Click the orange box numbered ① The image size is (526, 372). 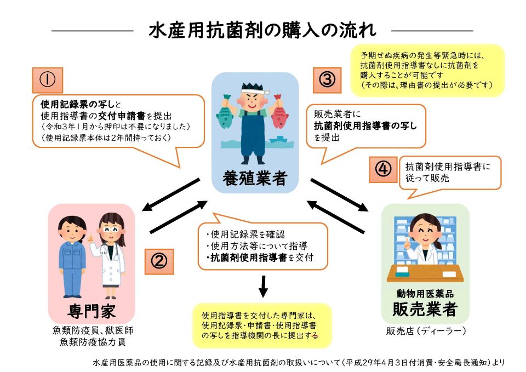[47, 80]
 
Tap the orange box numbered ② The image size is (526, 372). [159, 262]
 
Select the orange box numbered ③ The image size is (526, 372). [327, 80]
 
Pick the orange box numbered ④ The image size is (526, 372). [383, 169]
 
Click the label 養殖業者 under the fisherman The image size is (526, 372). [255, 178]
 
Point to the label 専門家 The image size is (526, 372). [92, 311]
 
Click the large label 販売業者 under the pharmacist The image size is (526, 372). [425, 309]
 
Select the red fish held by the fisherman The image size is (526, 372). [280, 112]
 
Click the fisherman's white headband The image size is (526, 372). [255, 90]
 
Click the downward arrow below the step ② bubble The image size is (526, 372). [264, 287]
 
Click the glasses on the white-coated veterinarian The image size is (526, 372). [111, 230]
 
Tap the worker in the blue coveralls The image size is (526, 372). [71, 257]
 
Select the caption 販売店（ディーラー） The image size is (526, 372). [426, 331]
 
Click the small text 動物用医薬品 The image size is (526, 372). [425, 294]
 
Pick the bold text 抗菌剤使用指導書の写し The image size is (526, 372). [365, 126]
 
